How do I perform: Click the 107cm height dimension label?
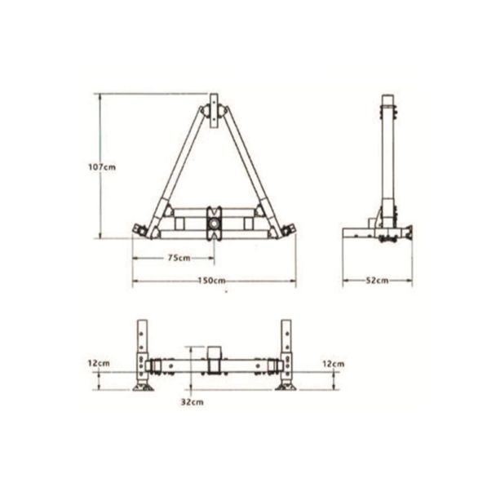(102, 166)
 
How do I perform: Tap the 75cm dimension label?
(179, 258)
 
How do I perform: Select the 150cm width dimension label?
(212, 281)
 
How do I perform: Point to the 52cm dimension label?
(377, 281)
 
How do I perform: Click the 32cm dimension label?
(192, 402)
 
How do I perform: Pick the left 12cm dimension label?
(99, 363)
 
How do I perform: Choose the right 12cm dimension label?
(333, 364)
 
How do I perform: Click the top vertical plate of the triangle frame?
(215, 111)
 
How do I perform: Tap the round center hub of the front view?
(214, 224)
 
